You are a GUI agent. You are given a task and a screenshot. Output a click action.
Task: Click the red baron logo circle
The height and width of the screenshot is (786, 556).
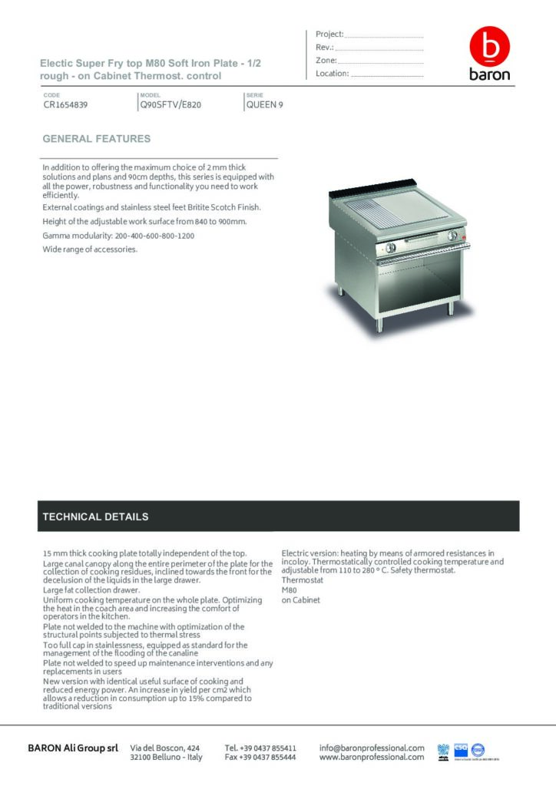[x=489, y=48]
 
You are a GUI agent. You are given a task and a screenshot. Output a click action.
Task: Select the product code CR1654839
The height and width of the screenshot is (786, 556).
[x=65, y=105]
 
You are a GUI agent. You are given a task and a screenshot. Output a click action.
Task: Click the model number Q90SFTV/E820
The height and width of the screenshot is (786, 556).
[x=170, y=105]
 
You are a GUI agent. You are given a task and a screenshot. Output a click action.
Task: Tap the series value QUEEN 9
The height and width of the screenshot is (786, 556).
[x=265, y=105]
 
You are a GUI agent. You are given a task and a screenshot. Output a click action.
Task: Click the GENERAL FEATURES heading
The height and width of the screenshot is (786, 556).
[x=97, y=139]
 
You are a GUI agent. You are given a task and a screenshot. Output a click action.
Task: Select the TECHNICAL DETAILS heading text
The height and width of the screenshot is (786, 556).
[x=95, y=517]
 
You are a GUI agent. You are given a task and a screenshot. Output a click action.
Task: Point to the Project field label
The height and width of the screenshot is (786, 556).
[x=329, y=35]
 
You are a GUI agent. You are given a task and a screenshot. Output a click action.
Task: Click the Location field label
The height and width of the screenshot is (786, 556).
[x=333, y=74]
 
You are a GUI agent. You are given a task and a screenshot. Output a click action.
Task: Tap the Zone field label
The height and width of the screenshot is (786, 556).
[x=326, y=61]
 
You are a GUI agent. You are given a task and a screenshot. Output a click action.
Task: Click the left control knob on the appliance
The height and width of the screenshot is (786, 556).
[x=390, y=247]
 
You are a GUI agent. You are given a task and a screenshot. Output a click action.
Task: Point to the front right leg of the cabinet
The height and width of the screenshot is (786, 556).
[x=451, y=306]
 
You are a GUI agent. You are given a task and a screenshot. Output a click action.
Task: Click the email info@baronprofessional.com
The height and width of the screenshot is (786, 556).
[x=372, y=747]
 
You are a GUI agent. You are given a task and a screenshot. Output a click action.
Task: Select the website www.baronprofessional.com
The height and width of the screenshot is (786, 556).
[x=372, y=757]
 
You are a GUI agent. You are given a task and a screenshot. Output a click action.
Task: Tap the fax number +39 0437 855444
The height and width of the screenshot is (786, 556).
[x=260, y=757]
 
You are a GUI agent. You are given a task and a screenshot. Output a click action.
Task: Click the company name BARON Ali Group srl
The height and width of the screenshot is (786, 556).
[x=73, y=748]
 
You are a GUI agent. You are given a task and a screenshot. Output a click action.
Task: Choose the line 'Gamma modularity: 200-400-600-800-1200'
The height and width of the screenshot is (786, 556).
[x=118, y=236]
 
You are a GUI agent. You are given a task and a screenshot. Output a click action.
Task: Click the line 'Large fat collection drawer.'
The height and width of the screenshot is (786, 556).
[x=91, y=589]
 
